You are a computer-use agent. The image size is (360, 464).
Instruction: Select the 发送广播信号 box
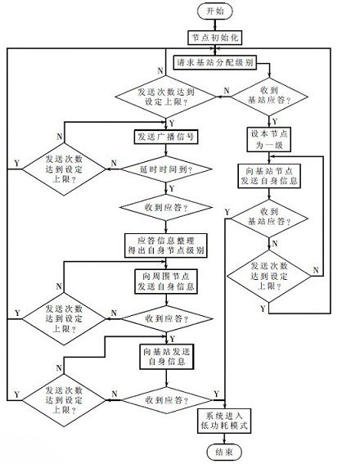pyautogui.click(x=164, y=136)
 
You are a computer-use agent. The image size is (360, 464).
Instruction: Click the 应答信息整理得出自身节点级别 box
pyautogui.click(x=164, y=243)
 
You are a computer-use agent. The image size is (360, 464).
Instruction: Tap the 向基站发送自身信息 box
pyautogui.click(x=164, y=355)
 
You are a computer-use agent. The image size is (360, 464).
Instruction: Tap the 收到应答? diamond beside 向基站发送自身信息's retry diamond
pyautogui.click(x=164, y=399)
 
